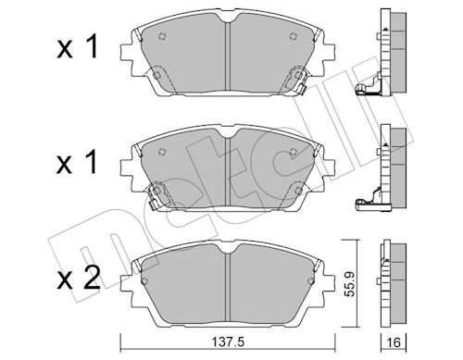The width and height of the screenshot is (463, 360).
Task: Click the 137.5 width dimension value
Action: click(x=228, y=341)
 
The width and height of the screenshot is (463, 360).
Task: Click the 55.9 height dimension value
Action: click(x=349, y=284)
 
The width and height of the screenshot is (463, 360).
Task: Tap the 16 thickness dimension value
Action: click(x=394, y=342)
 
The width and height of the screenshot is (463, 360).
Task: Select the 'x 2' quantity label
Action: click(x=79, y=278)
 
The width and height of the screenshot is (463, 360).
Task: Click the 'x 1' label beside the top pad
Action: click(x=77, y=46)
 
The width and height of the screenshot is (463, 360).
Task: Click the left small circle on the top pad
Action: click(x=162, y=36)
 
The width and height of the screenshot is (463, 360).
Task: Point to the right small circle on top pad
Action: click(x=293, y=36)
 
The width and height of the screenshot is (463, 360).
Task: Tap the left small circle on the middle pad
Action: click(x=162, y=152)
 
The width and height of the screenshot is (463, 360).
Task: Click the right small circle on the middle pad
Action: click(x=294, y=152)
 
